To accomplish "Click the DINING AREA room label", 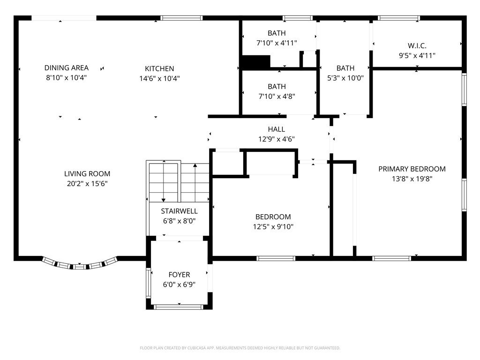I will (66, 68).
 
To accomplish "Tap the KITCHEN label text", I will (159, 68).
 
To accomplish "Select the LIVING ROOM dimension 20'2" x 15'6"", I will (87, 184).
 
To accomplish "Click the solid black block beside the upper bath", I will (256, 62).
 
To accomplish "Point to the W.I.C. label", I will (417, 45).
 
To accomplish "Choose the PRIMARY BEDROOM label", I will (412, 169).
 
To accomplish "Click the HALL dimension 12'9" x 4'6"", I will (276, 139).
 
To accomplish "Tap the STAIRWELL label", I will (179, 211).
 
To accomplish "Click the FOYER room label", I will (179, 275).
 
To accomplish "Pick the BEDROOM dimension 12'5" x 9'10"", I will (273, 227).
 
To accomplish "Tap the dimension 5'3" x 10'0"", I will (345, 78).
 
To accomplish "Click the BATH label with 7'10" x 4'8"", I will (277, 87).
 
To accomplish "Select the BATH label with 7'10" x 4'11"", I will (277, 33).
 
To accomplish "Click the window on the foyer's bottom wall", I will (179, 307).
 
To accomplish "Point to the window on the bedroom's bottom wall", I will (276, 258).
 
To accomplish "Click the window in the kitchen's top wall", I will (181, 18).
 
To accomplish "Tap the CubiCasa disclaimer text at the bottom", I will (240, 348).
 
